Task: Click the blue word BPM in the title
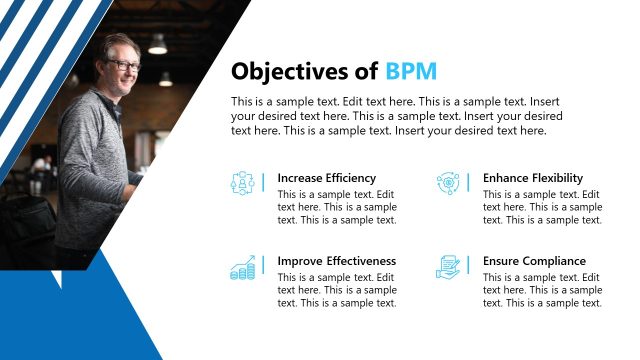pos(411,72)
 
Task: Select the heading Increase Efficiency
pos(327,178)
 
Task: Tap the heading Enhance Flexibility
pos(533,178)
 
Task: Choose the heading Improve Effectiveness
pos(337,261)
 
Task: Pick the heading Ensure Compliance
pos(534,261)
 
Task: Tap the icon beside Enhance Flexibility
pos(447,183)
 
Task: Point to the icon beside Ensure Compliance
pos(447,267)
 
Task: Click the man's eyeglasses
pos(124,65)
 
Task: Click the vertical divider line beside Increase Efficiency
pos(263,183)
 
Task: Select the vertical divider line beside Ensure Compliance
pos(468,267)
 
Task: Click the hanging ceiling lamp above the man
pos(157,44)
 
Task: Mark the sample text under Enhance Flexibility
pos(542,207)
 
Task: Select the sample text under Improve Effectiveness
pos(337,290)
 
